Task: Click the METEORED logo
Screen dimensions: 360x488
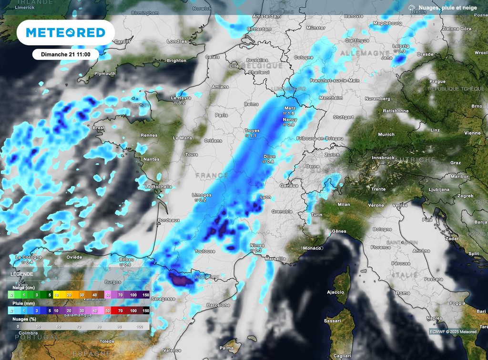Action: tap(65, 32)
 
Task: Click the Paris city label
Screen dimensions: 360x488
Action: tap(221, 115)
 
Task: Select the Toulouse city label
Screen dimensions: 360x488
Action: tap(205, 251)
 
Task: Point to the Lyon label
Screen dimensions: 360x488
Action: tap(265, 197)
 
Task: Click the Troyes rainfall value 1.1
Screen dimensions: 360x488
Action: tap(251, 136)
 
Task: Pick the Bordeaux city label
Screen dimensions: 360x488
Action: tap(169, 220)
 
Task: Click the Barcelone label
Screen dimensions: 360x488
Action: tap(219, 305)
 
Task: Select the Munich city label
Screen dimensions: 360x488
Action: tap(386, 135)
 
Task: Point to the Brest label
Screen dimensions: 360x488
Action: tap(98, 128)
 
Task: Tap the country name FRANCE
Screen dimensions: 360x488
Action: tap(212, 176)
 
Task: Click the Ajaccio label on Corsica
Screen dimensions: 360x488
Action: tap(335, 292)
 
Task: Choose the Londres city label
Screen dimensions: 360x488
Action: tap(177, 41)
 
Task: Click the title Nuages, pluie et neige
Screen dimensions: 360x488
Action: tap(447, 8)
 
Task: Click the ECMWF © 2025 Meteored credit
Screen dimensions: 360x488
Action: tap(453, 331)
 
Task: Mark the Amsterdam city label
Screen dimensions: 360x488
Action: tap(266, 16)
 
